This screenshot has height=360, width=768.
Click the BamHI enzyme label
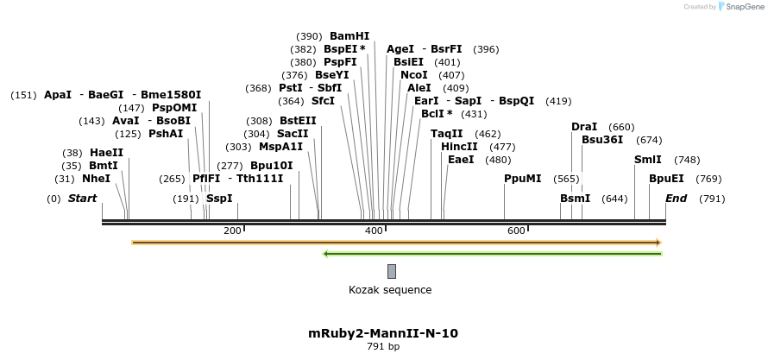point(349,36)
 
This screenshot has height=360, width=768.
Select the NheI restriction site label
point(96,179)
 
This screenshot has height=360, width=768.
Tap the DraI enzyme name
point(584,127)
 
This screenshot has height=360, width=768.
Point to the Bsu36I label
point(602,140)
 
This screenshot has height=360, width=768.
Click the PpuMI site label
point(523,179)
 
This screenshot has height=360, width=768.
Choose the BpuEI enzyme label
point(666,179)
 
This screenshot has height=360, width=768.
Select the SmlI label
point(648,160)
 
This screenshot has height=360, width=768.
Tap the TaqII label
point(447,134)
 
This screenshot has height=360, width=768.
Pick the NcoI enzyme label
point(414,75)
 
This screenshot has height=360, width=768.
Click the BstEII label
point(298,121)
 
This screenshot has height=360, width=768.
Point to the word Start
point(82,199)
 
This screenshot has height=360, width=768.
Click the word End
point(677,199)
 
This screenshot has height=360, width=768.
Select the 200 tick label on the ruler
point(232,231)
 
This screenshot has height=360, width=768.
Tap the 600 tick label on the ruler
point(516,231)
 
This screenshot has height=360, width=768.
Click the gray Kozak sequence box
point(392,271)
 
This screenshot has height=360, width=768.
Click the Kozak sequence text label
point(390,290)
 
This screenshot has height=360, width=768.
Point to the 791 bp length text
point(383,347)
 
